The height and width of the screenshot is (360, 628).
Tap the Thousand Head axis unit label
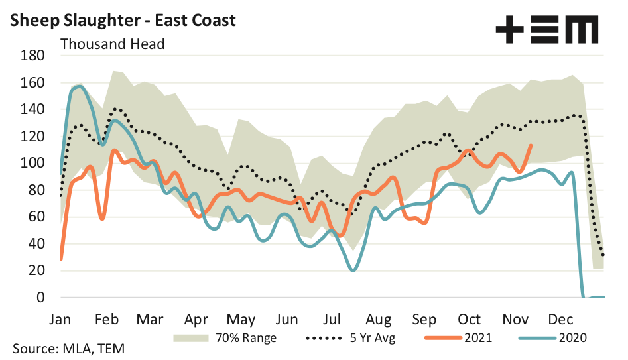tap(113, 44)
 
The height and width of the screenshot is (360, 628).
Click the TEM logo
tap(546, 30)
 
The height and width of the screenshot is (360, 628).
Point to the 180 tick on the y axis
tap(32, 56)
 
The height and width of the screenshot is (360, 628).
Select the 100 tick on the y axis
tap(32, 163)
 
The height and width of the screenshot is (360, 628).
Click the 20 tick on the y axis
tap(36, 270)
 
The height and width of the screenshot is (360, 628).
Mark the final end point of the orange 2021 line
tap(531, 145)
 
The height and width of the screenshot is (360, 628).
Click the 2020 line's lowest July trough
tap(353, 270)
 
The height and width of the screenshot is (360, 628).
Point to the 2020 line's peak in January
tap(80, 86)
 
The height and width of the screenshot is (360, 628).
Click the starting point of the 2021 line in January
tap(61, 259)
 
